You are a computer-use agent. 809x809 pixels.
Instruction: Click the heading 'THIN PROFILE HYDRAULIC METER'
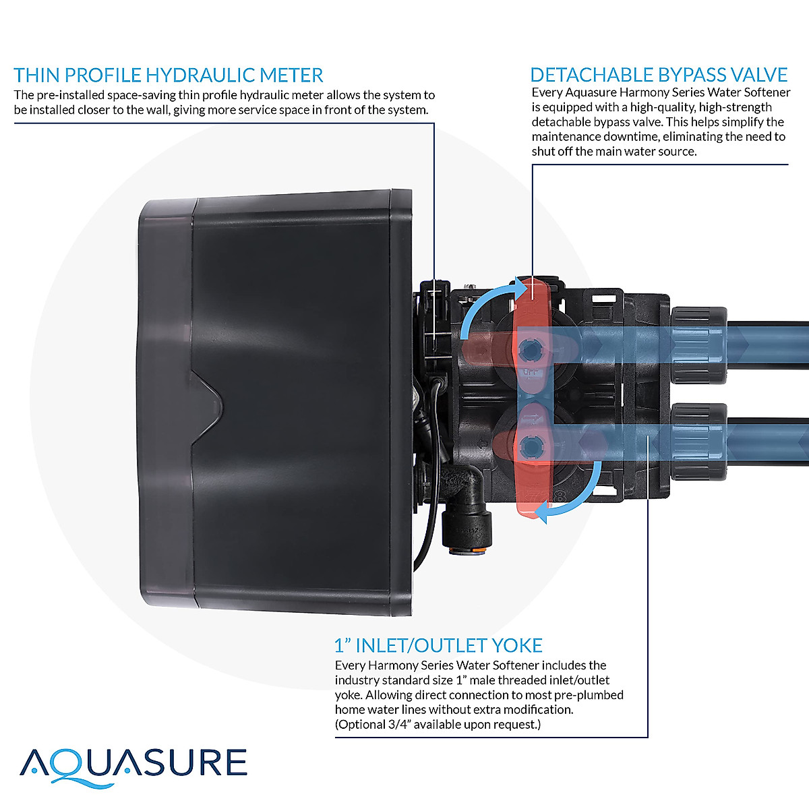(169, 75)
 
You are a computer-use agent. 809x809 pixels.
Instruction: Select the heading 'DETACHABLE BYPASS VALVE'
(659, 75)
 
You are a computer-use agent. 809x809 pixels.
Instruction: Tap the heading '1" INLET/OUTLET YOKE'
(438, 645)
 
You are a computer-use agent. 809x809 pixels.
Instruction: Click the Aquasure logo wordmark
(133, 765)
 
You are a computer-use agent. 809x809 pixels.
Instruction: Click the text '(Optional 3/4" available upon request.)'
(438, 725)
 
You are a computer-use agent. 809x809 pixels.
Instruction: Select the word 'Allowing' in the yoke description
(388, 695)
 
